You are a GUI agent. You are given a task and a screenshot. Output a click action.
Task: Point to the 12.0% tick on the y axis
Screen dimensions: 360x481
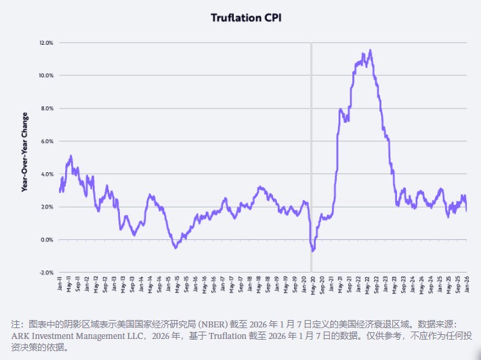[46, 43]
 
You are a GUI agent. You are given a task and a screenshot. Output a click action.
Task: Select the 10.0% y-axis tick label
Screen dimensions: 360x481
[46, 75]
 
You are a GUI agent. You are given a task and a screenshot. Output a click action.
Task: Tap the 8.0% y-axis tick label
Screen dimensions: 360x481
[47, 108]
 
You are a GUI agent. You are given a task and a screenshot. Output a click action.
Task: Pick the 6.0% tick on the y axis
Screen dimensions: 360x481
[47, 141]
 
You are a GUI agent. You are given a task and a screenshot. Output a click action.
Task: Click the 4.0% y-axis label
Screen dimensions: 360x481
[47, 174]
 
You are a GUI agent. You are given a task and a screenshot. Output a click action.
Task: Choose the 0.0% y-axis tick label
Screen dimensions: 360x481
[47, 240]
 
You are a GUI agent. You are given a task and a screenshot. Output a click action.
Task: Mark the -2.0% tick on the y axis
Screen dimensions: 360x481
[46, 273]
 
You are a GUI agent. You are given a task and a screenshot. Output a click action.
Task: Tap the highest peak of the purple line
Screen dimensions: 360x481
[369, 50]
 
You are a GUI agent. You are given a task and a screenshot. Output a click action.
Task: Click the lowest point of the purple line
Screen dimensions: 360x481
[313, 251]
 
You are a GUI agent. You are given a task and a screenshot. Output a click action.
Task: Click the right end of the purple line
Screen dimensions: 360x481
[467, 211]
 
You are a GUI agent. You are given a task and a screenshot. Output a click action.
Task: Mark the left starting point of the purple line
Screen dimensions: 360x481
[60, 191]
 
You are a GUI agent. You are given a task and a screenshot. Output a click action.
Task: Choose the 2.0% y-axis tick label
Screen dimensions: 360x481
[47, 207]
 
